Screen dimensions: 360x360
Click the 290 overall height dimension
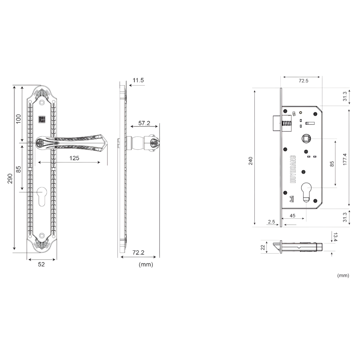point(10,178)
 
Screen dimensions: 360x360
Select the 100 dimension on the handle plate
point(18,119)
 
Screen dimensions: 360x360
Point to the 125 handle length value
point(74,158)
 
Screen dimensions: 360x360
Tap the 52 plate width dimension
point(41,264)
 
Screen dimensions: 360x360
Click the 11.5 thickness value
point(138,80)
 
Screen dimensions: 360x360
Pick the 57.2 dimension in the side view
point(144,123)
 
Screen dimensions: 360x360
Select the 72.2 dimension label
point(138,252)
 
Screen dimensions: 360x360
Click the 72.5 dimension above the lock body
point(303,80)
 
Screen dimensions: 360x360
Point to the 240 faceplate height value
point(250,161)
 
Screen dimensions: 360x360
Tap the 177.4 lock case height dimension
point(345,160)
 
